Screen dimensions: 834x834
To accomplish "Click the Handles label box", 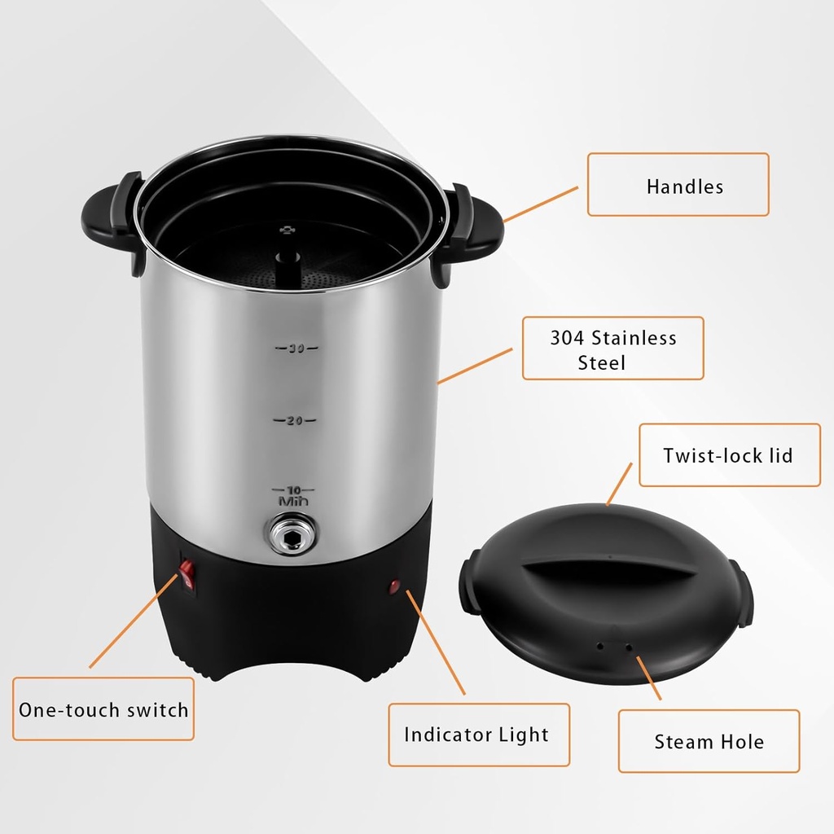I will pos(678,185).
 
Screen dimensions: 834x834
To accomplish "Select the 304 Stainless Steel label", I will pos(612,349).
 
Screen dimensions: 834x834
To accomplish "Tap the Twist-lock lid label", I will pos(729,455).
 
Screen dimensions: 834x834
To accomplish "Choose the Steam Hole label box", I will pos(709,741).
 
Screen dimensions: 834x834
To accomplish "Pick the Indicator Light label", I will pos(478,735).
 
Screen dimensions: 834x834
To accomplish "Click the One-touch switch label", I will pos(103,709).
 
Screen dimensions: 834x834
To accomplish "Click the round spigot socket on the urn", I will pos(293,534).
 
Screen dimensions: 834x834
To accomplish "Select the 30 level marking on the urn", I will pos(296,349).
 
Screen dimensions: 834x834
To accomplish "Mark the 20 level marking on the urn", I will pos(294,420).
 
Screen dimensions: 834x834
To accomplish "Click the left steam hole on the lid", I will pos(600,645).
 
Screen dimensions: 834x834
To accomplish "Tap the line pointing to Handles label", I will pos(541,204).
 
